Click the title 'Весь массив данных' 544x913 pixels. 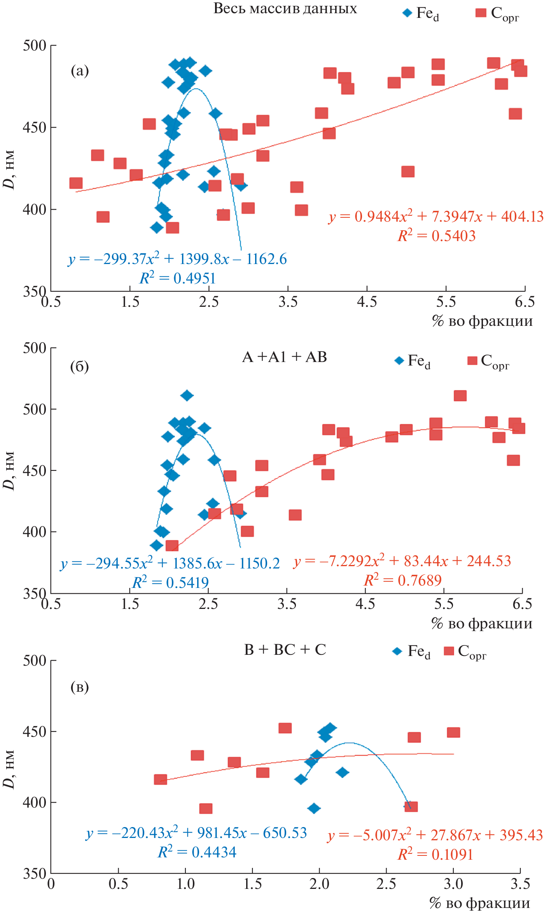point(285,9)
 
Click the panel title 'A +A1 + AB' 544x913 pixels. point(284,357)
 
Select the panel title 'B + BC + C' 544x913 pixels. point(285,649)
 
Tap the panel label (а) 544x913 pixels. point(80,71)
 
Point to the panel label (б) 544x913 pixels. point(79,366)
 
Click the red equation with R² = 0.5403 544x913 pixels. point(436,217)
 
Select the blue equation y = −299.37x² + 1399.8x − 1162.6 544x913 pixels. point(177,259)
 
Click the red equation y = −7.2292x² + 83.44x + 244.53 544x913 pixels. point(402,561)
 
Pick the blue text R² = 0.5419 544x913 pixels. point(170,582)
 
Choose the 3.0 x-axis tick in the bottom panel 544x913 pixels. point(453,884)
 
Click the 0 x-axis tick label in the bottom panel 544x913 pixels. point(51,884)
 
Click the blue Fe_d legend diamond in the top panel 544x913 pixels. point(407,13)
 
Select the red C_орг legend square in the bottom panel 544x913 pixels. point(449,651)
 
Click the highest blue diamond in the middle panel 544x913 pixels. point(187,395)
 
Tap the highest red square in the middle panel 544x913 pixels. point(460,396)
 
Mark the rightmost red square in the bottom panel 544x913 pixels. point(453,733)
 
